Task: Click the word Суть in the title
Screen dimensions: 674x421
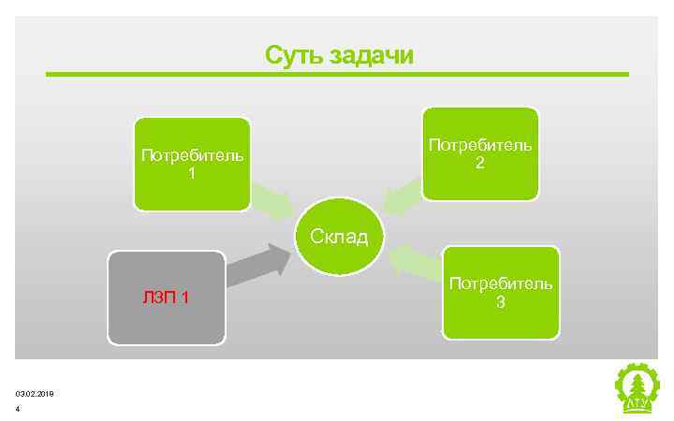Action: point(294,54)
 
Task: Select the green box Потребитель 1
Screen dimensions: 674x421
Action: point(192,164)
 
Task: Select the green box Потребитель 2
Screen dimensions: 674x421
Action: point(480,153)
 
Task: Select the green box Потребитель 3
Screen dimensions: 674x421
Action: point(501,292)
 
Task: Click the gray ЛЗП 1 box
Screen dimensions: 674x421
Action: point(167,298)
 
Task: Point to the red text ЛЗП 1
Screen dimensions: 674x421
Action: point(167,298)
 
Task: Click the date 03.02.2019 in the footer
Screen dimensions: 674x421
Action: point(35,394)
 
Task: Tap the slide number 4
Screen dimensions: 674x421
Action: point(18,409)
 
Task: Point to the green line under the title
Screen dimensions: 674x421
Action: point(337,75)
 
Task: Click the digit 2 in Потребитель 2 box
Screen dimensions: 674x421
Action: point(480,163)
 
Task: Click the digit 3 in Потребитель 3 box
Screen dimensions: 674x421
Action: point(501,302)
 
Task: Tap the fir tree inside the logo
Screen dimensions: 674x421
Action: point(637,385)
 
